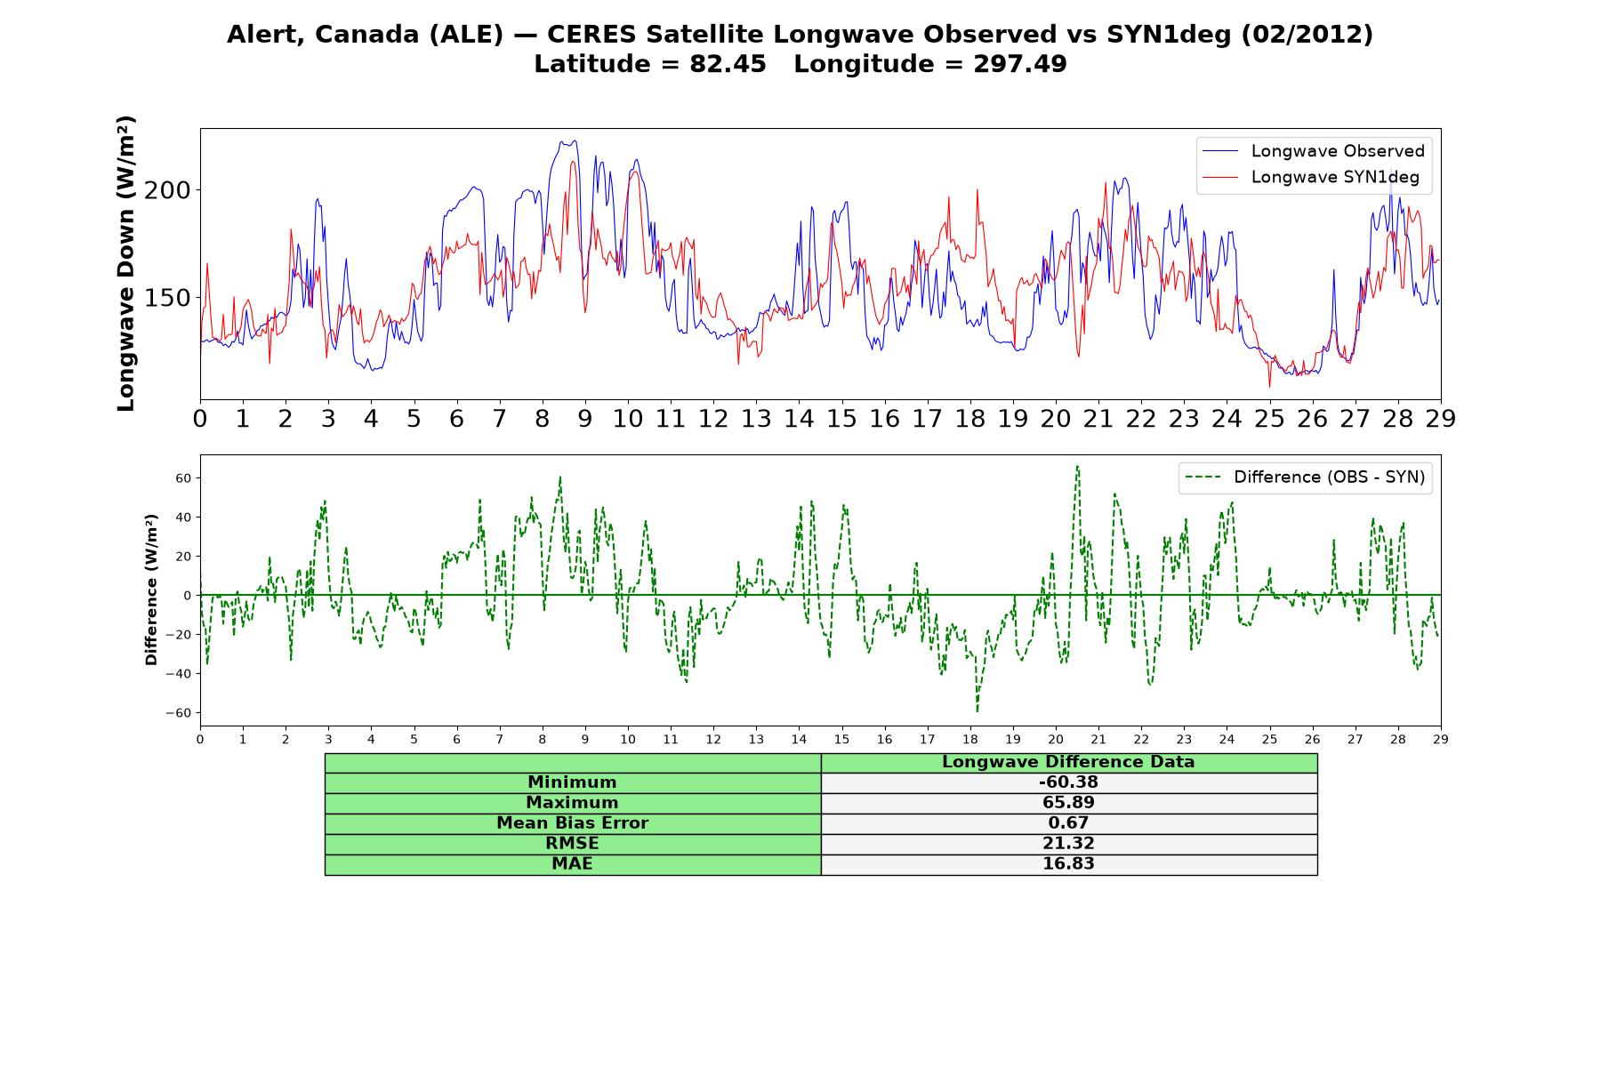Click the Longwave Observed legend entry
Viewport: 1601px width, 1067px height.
pos(1314,151)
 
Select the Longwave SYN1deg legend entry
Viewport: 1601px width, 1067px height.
pos(1311,177)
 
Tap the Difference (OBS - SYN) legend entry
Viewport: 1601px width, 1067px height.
pos(1305,477)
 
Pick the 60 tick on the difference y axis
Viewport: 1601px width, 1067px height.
pos(184,478)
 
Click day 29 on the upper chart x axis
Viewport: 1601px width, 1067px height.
pos(1441,419)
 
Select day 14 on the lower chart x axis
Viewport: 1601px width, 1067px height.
pos(799,739)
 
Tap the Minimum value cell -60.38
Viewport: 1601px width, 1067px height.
pos(1068,782)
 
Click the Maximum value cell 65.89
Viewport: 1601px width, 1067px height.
pos(1068,803)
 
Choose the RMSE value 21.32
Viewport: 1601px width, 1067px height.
pos(1068,844)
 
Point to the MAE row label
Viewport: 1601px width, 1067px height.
pos(572,864)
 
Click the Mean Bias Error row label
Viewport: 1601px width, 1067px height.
pos(572,823)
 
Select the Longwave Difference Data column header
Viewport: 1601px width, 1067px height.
pos(1068,762)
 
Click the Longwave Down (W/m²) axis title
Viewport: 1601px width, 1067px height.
pos(125,263)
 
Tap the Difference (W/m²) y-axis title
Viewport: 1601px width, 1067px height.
pos(151,590)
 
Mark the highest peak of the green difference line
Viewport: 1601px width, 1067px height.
pos(1077,466)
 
